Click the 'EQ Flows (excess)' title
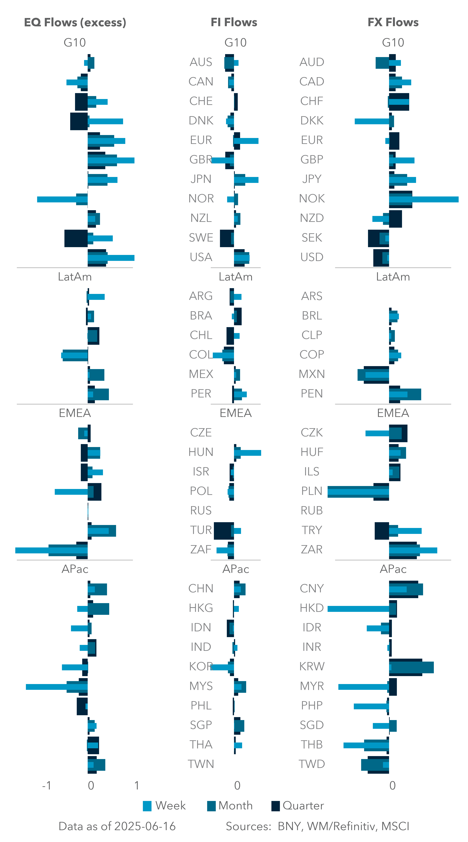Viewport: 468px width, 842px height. [x=75, y=22]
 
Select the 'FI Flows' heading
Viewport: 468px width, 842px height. [x=234, y=22]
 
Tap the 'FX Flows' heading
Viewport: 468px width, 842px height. [x=393, y=22]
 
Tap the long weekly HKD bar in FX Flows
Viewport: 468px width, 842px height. [x=358, y=609]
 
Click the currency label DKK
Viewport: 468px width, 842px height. [x=312, y=121]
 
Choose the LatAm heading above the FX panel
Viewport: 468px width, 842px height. [x=393, y=277]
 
